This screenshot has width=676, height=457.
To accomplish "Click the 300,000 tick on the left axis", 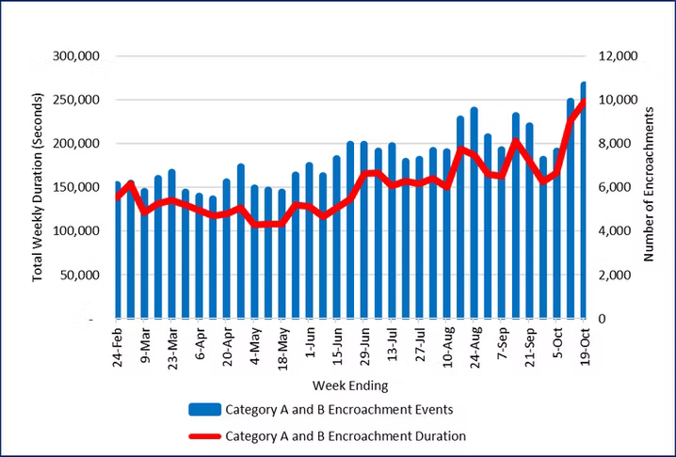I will click(78, 56).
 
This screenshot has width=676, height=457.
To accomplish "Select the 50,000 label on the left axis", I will click(82, 276).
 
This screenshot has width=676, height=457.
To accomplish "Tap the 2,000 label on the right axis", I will click(612, 276).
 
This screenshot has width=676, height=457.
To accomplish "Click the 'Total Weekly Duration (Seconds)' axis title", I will click(39, 186).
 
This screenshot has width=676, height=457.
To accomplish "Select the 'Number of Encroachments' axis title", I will click(650, 188).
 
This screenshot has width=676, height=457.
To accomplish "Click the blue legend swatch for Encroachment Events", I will click(205, 409).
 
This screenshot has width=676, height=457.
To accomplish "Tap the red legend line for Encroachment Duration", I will click(205, 435).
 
